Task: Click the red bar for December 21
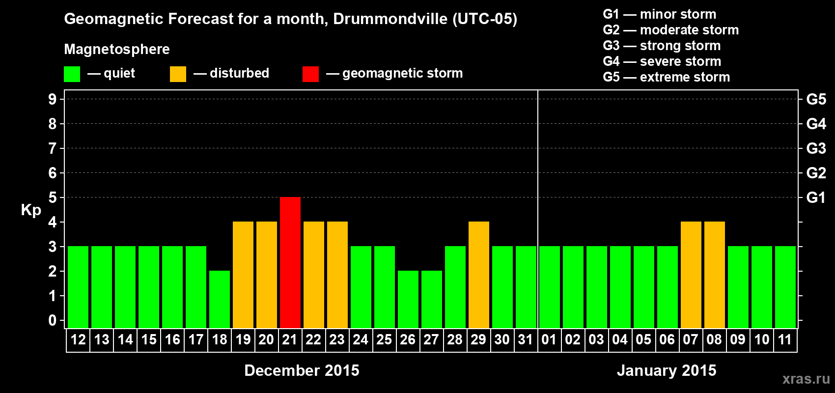click(x=290, y=262)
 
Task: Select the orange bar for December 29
click(x=479, y=275)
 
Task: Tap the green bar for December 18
click(x=220, y=299)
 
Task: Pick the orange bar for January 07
click(x=691, y=275)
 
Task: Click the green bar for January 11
click(x=785, y=287)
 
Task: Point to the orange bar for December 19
click(x=243, y=275)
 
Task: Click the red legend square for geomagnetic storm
click(x=310, y=74)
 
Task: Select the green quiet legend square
click(x=72, y=74)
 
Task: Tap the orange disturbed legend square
click(x=178, y=74)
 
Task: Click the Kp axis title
click(x=31, y=210)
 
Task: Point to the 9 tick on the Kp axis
click(x=53, y=99)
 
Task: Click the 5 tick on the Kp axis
click(x=53, y=197)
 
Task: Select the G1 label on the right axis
click(x=816, y=197)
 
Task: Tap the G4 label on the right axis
click(x=816, y=124)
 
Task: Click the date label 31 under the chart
click(x=526, y=339)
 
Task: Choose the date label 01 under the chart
click(x=549, y=339)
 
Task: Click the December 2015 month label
click(x=302, y=370)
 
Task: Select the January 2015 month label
click(x=667, y=370)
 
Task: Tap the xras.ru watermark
click(x=806, y=379)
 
